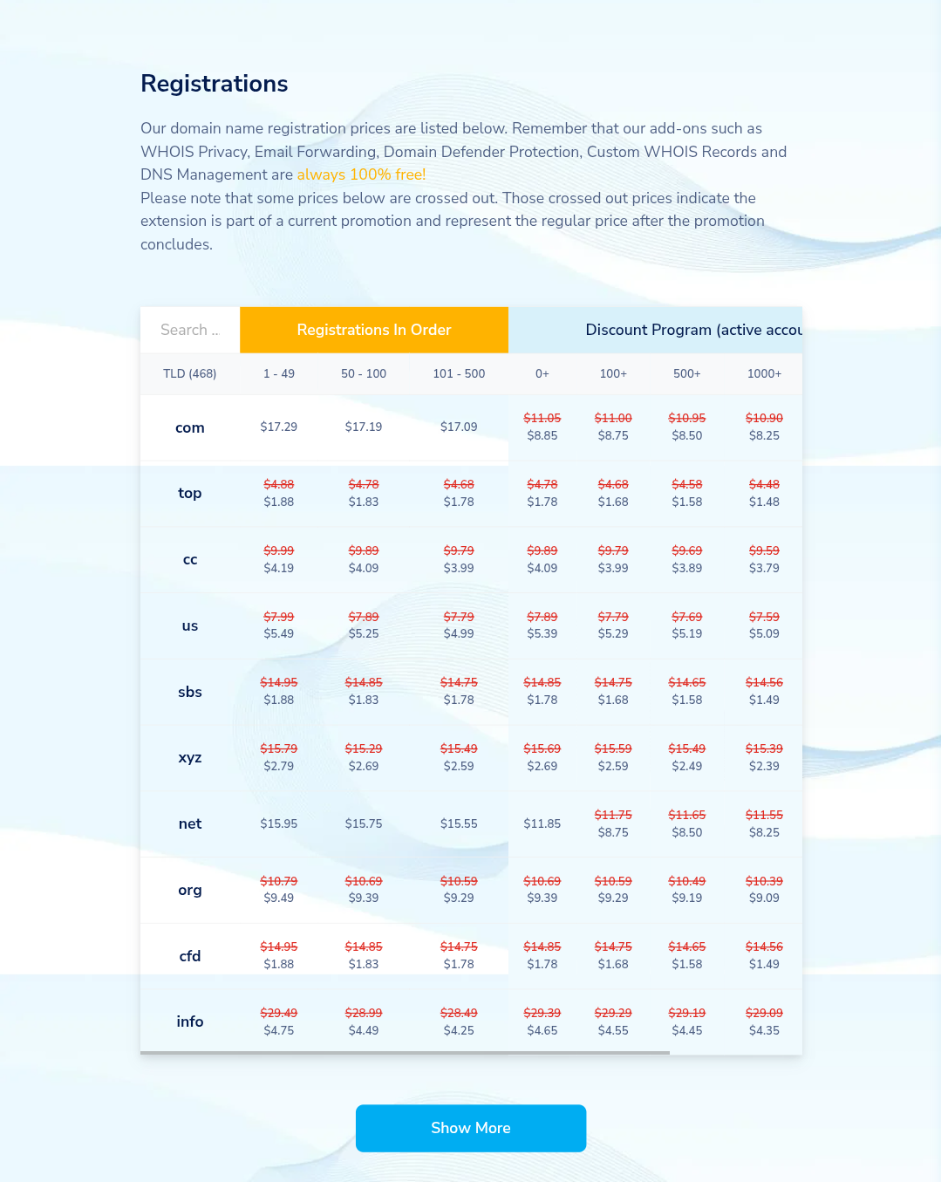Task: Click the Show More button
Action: click(x=470, y=1128)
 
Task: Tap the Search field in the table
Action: click(x=190, y=330)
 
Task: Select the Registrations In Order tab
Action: click(x=373, y=330)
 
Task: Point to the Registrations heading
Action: click(x=215, y=84)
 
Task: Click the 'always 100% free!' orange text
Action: click(x=361, y=174)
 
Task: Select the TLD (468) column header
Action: click(x=189, y=373)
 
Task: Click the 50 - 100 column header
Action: click(x=364, y=373)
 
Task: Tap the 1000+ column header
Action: click(x=764, y=373)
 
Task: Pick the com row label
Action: click(x=189, y=427)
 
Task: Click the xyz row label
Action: click(x=189, y=757)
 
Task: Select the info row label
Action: click(x=189, y=1021)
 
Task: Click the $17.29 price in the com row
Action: click(x=279, y=427)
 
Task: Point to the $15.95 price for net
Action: click(x=279, y=823)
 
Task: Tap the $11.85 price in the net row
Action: click(x=542, y=823)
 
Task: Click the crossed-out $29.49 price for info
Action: click(x=279, y=1013)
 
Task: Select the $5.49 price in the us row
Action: click(x=279, y=634)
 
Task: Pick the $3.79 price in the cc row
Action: click(x=764, y=568)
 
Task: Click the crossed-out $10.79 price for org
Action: click(x=279, y=881)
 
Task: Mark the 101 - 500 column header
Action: click(x=459, y=373)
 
